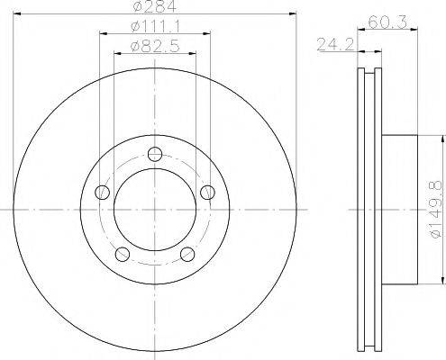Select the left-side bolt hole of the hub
[103, 191]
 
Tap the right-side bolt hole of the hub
[209, 191]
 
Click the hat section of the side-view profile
[401, 209]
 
